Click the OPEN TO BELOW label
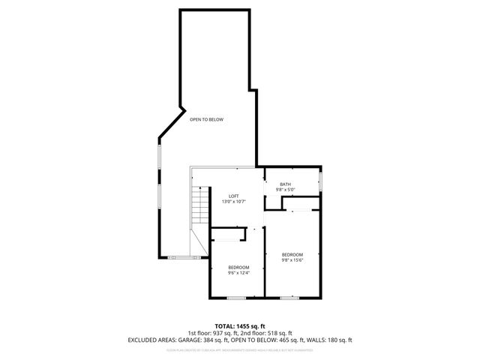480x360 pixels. (x=206, y=120)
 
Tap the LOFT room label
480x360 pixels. (x=234, y=196)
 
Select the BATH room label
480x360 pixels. (x=285, y=184)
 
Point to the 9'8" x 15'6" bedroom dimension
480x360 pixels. (x=292, y=260)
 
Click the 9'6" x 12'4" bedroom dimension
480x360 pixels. (x=238, y=273)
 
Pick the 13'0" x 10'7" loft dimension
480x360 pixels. (x=234, y=202)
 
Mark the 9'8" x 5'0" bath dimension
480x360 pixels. (x=285, y=190)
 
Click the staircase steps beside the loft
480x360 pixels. (x=199, y=204)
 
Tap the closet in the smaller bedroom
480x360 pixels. (x=228, y=235)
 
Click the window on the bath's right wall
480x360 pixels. (x=320, y=181)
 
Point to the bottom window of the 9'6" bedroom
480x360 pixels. (x=236, y=298)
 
